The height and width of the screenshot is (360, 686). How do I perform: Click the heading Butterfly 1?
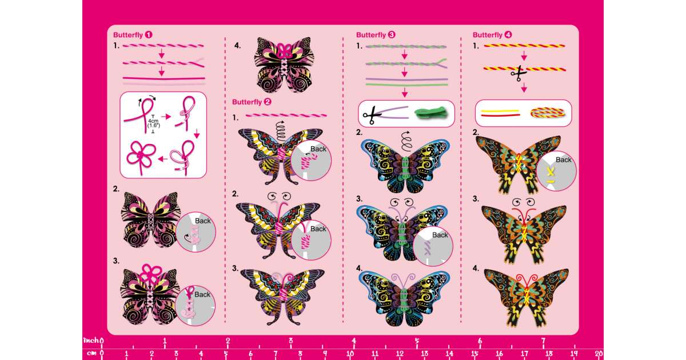133,35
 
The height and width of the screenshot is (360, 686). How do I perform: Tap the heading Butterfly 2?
252,102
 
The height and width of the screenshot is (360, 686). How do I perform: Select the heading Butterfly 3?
376,35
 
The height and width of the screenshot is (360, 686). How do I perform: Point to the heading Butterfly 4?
492,35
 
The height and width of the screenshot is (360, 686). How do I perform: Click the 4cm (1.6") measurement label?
153,123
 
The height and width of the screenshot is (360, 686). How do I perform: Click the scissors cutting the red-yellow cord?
519,74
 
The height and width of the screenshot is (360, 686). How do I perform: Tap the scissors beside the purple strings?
372,115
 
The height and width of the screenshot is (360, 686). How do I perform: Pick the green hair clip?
430,113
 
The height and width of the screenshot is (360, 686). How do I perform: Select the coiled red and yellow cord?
548,113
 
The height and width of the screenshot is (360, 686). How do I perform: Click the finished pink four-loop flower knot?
141,155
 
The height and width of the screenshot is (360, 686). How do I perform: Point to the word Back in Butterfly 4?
564,160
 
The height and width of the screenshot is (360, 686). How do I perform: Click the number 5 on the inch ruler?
417,341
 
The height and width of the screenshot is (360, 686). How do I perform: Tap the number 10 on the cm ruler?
350,354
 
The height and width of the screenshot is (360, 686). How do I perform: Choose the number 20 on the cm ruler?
599,354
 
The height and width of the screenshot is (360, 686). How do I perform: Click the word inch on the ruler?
91,340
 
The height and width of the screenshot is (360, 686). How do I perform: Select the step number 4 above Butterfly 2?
237,46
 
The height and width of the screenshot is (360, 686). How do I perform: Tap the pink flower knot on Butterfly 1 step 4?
284,50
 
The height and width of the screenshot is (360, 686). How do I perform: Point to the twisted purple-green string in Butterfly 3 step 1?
406,47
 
